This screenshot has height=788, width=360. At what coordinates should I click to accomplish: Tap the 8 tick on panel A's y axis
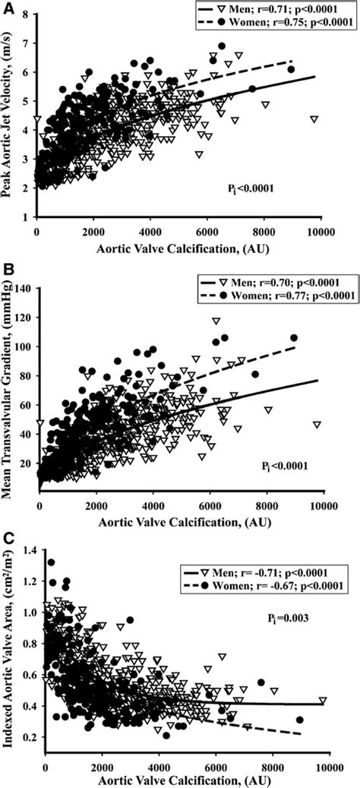point(27,14)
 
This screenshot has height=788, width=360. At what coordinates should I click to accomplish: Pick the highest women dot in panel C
point(52,562)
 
